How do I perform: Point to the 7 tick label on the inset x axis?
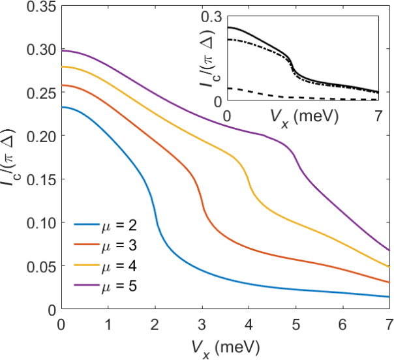click(378, 115)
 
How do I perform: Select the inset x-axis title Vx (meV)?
click(303, 117)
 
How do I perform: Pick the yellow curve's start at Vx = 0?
click(62, 67)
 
